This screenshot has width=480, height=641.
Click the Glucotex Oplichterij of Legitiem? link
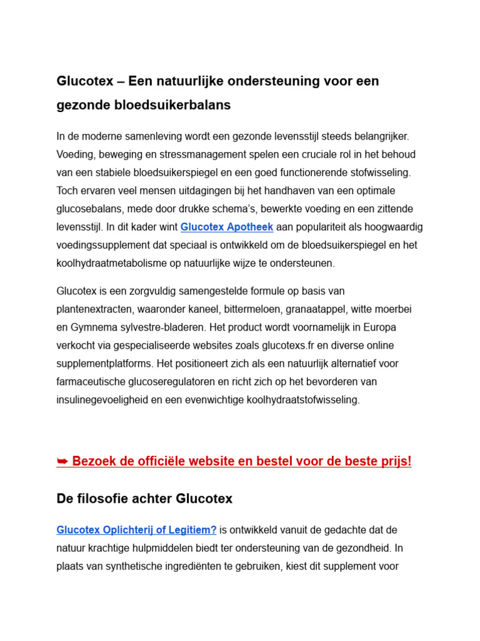tap(136, 530)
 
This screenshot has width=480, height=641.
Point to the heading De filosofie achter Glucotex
tap(144, 499)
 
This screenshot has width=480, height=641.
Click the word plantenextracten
tap(93, 309)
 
